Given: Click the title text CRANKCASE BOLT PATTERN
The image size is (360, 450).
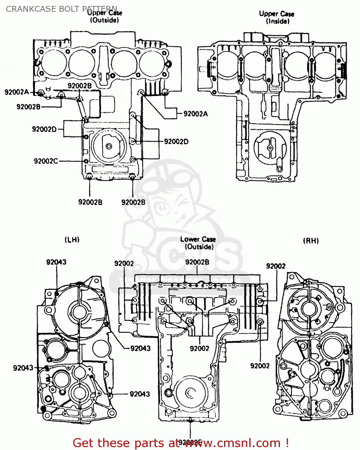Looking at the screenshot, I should tap(61, 9).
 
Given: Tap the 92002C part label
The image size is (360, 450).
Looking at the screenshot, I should tap(46, 161).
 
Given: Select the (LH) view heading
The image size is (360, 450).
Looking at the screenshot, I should tap(72, 240).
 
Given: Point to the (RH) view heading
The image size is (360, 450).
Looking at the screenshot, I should tap(311, 241).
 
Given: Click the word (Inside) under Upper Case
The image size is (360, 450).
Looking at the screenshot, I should tap(278, 21).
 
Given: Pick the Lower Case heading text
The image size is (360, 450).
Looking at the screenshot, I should tap(198, 239).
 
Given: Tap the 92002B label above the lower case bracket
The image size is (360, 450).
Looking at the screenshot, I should tap(197, 262).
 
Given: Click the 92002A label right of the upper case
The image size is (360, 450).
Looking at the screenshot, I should tap(196, 114).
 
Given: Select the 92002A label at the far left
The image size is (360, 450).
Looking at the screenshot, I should tap(17, 92).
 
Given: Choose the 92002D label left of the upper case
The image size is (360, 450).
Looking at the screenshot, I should tap(44, 129).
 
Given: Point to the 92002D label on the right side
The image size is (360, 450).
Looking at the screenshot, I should tap(176, 142).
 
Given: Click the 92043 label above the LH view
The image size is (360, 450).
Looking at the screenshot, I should tap(56, 262).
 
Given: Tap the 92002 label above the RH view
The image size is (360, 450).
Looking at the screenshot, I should tap(276, 266).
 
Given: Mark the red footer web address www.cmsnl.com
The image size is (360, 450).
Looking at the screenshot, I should tap(232, 443).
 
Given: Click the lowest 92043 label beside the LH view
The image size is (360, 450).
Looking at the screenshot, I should tap(139, 394).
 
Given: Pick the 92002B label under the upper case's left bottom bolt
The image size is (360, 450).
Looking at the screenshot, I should tap(90, 202).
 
